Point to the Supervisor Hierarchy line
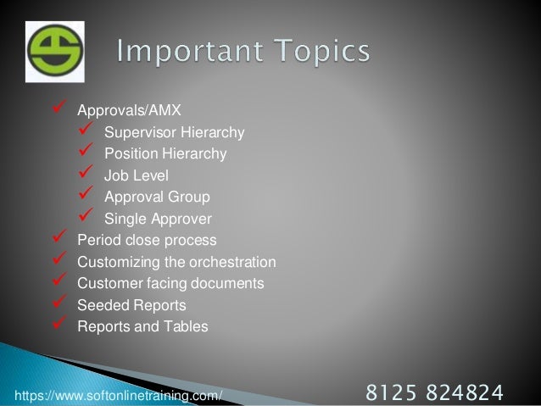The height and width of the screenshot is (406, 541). [x=174, y=133]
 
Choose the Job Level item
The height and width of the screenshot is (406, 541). [x=137, y=176]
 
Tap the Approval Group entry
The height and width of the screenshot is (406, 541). [x=157, y=197]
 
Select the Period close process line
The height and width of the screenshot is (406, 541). [x=147, y=240]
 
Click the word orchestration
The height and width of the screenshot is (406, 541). [x=236, y=261]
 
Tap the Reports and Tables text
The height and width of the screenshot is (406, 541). [x=142, y=326]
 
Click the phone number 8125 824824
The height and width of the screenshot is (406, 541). [x=433, y=392]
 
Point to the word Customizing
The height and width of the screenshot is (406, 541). [x=114, y=261]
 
